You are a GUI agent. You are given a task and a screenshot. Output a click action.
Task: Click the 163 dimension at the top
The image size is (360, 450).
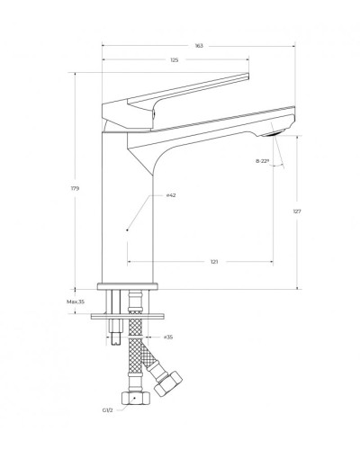coord(199,44)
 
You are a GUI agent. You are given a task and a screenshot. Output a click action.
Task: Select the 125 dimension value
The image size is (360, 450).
coord(175,60)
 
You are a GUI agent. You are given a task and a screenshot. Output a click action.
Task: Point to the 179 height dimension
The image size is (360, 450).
coord(77,189)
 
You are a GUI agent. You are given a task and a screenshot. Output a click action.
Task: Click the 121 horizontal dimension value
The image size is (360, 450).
coord(214,262)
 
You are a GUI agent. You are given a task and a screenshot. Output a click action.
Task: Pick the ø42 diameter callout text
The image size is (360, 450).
coord(170,196)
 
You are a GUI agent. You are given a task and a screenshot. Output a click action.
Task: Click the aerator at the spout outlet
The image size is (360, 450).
coord(275,131)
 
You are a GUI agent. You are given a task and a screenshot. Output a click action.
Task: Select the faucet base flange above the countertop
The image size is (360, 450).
coord(130,287)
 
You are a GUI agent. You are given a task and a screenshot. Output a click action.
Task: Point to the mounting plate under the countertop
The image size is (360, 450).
coord(135,314)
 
